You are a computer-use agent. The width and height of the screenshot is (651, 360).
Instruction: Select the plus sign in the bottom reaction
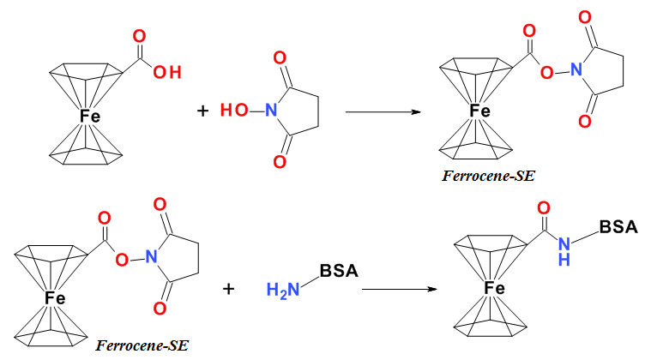click(229, 289)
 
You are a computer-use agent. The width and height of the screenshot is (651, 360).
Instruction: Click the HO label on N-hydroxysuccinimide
click(232, 111)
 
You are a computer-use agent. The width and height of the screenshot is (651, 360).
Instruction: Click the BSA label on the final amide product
click(619, 227)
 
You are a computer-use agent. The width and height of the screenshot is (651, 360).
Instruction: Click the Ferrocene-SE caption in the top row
click(485, 177)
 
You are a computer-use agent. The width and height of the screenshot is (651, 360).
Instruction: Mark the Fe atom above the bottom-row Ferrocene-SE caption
click(56, 297)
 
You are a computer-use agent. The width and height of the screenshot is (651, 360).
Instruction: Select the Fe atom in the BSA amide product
click(496, 289)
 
